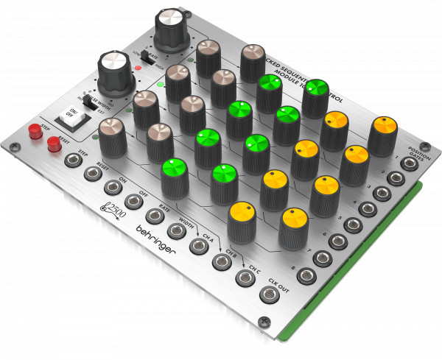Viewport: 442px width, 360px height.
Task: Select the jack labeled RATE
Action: (155, 216)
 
